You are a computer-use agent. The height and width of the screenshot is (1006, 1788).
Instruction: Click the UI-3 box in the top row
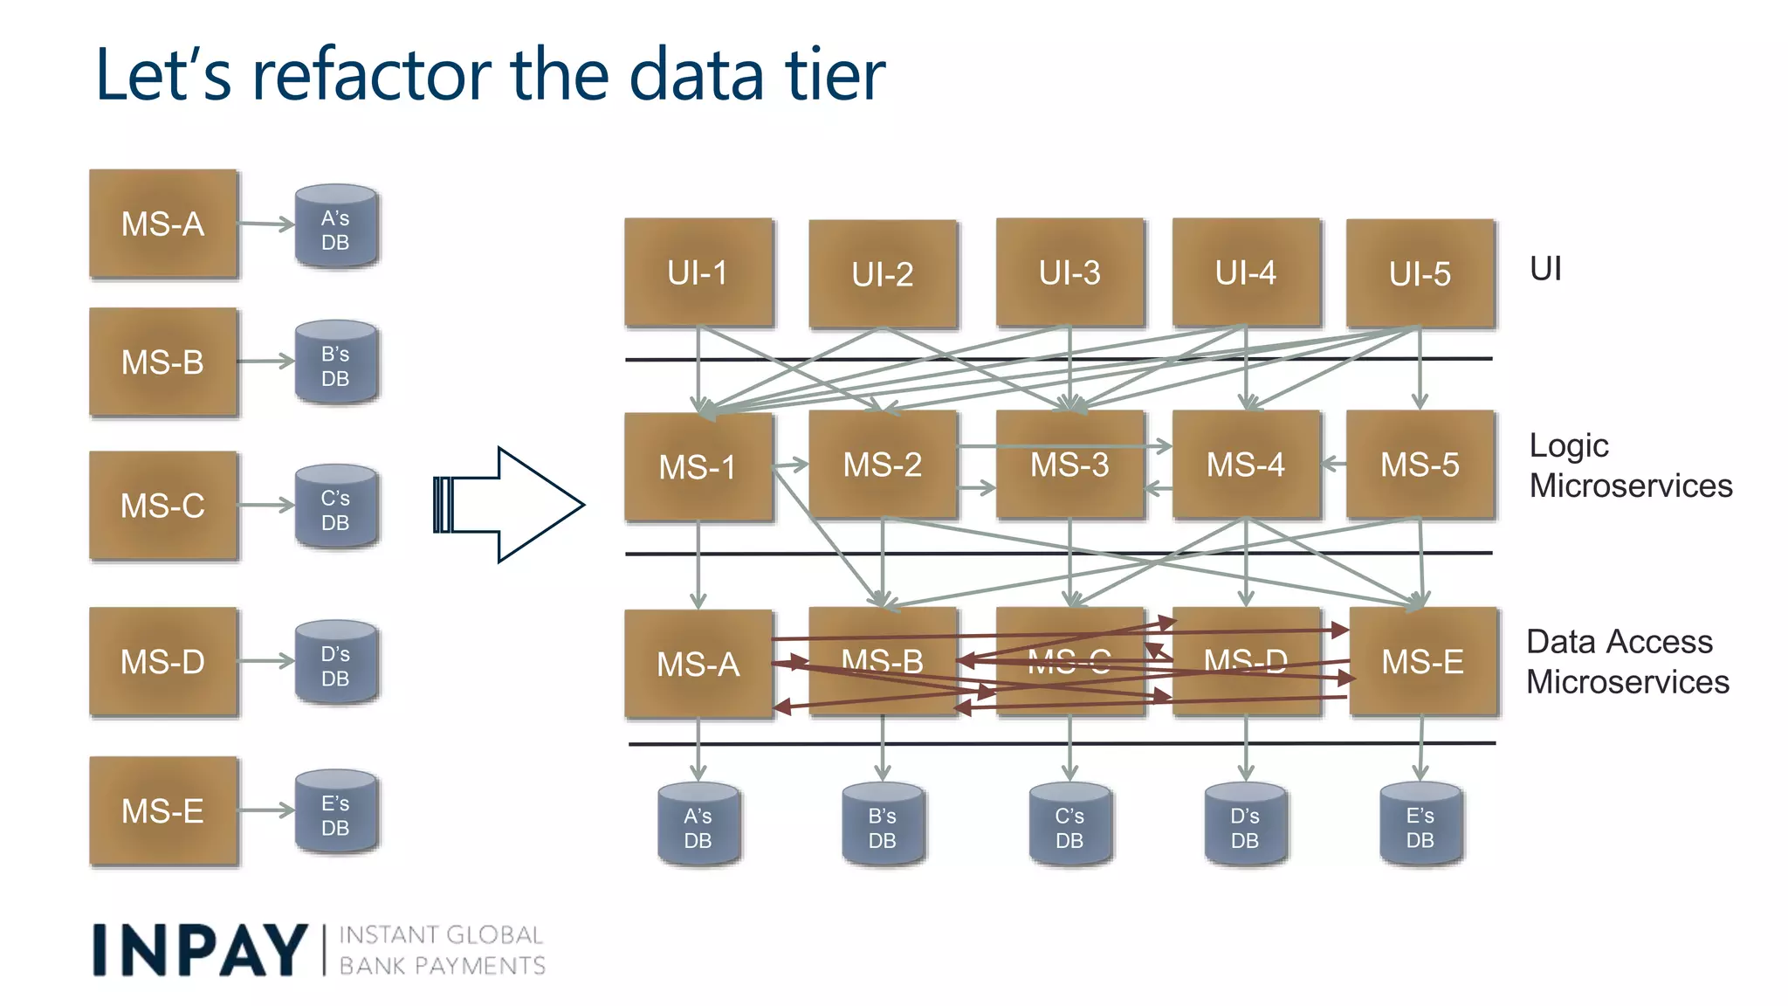[1069, 272]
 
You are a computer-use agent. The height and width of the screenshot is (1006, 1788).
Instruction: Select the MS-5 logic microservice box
[1420, 465]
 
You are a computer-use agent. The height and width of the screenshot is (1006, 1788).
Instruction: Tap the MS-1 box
[698, 467]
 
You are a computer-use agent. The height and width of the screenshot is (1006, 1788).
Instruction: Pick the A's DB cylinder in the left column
[335, 226]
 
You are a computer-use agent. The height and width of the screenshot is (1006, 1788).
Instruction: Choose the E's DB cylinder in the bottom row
[1420, 824]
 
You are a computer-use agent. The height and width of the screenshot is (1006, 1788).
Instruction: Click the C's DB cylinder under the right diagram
[1069, 825]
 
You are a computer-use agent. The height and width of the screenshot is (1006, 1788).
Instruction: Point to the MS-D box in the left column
[163, 661]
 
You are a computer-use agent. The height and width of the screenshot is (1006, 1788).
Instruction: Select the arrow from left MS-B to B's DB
[265, 361]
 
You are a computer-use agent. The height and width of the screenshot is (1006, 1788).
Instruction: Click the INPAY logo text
[200, 950]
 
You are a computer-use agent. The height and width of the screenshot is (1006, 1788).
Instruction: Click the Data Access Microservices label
[1626, 661]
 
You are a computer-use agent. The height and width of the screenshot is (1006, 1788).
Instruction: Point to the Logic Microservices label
[1630, 465]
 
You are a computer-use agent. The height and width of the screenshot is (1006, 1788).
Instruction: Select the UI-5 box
[1420, 273]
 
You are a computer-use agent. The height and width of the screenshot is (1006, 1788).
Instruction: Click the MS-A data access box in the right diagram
[698, 664]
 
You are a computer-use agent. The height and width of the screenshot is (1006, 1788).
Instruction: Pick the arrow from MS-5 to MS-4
[1333, 464]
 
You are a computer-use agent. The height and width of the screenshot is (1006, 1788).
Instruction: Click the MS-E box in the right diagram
[1423, 661]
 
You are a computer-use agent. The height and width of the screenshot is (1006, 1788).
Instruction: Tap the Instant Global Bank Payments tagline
[442, 950]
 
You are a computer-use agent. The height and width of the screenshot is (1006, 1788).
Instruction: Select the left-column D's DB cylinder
[335, 663]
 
